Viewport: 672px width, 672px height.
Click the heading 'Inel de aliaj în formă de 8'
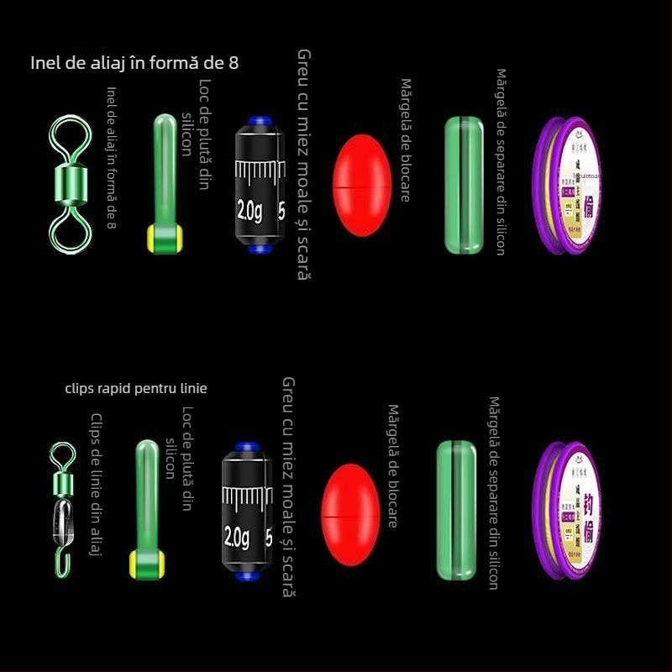click(x=139, y=63)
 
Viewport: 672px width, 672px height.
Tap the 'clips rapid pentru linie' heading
click(x=135, y=388)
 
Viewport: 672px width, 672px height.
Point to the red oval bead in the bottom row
click(x=350, y=504)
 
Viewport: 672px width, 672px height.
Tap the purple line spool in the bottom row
click(x=564, y=510)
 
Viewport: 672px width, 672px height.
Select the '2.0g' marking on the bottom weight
click(x=238, y=535)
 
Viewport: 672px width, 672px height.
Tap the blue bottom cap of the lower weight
click(x=246, y=575)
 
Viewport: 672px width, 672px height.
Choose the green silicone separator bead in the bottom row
click(x=456, y=510)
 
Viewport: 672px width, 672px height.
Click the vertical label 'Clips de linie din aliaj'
click(x=96, y=484)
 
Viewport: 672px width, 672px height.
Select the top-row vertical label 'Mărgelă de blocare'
click(x=405, y=140)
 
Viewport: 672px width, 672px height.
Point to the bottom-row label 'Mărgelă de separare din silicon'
click(x=494, y=493)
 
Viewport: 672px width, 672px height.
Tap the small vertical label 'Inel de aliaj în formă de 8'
click(x=111, y=157)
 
